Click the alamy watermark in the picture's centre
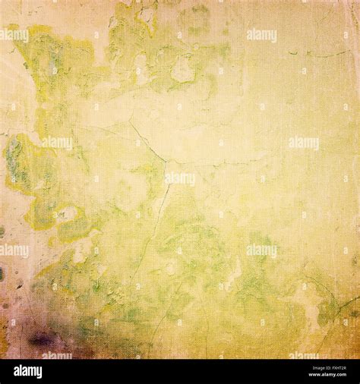179,179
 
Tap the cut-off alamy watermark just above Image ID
304,354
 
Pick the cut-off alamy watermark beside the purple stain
57,354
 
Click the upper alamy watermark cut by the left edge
14,34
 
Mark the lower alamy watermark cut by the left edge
14,250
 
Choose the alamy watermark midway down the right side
303,142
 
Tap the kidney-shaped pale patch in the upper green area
182,71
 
